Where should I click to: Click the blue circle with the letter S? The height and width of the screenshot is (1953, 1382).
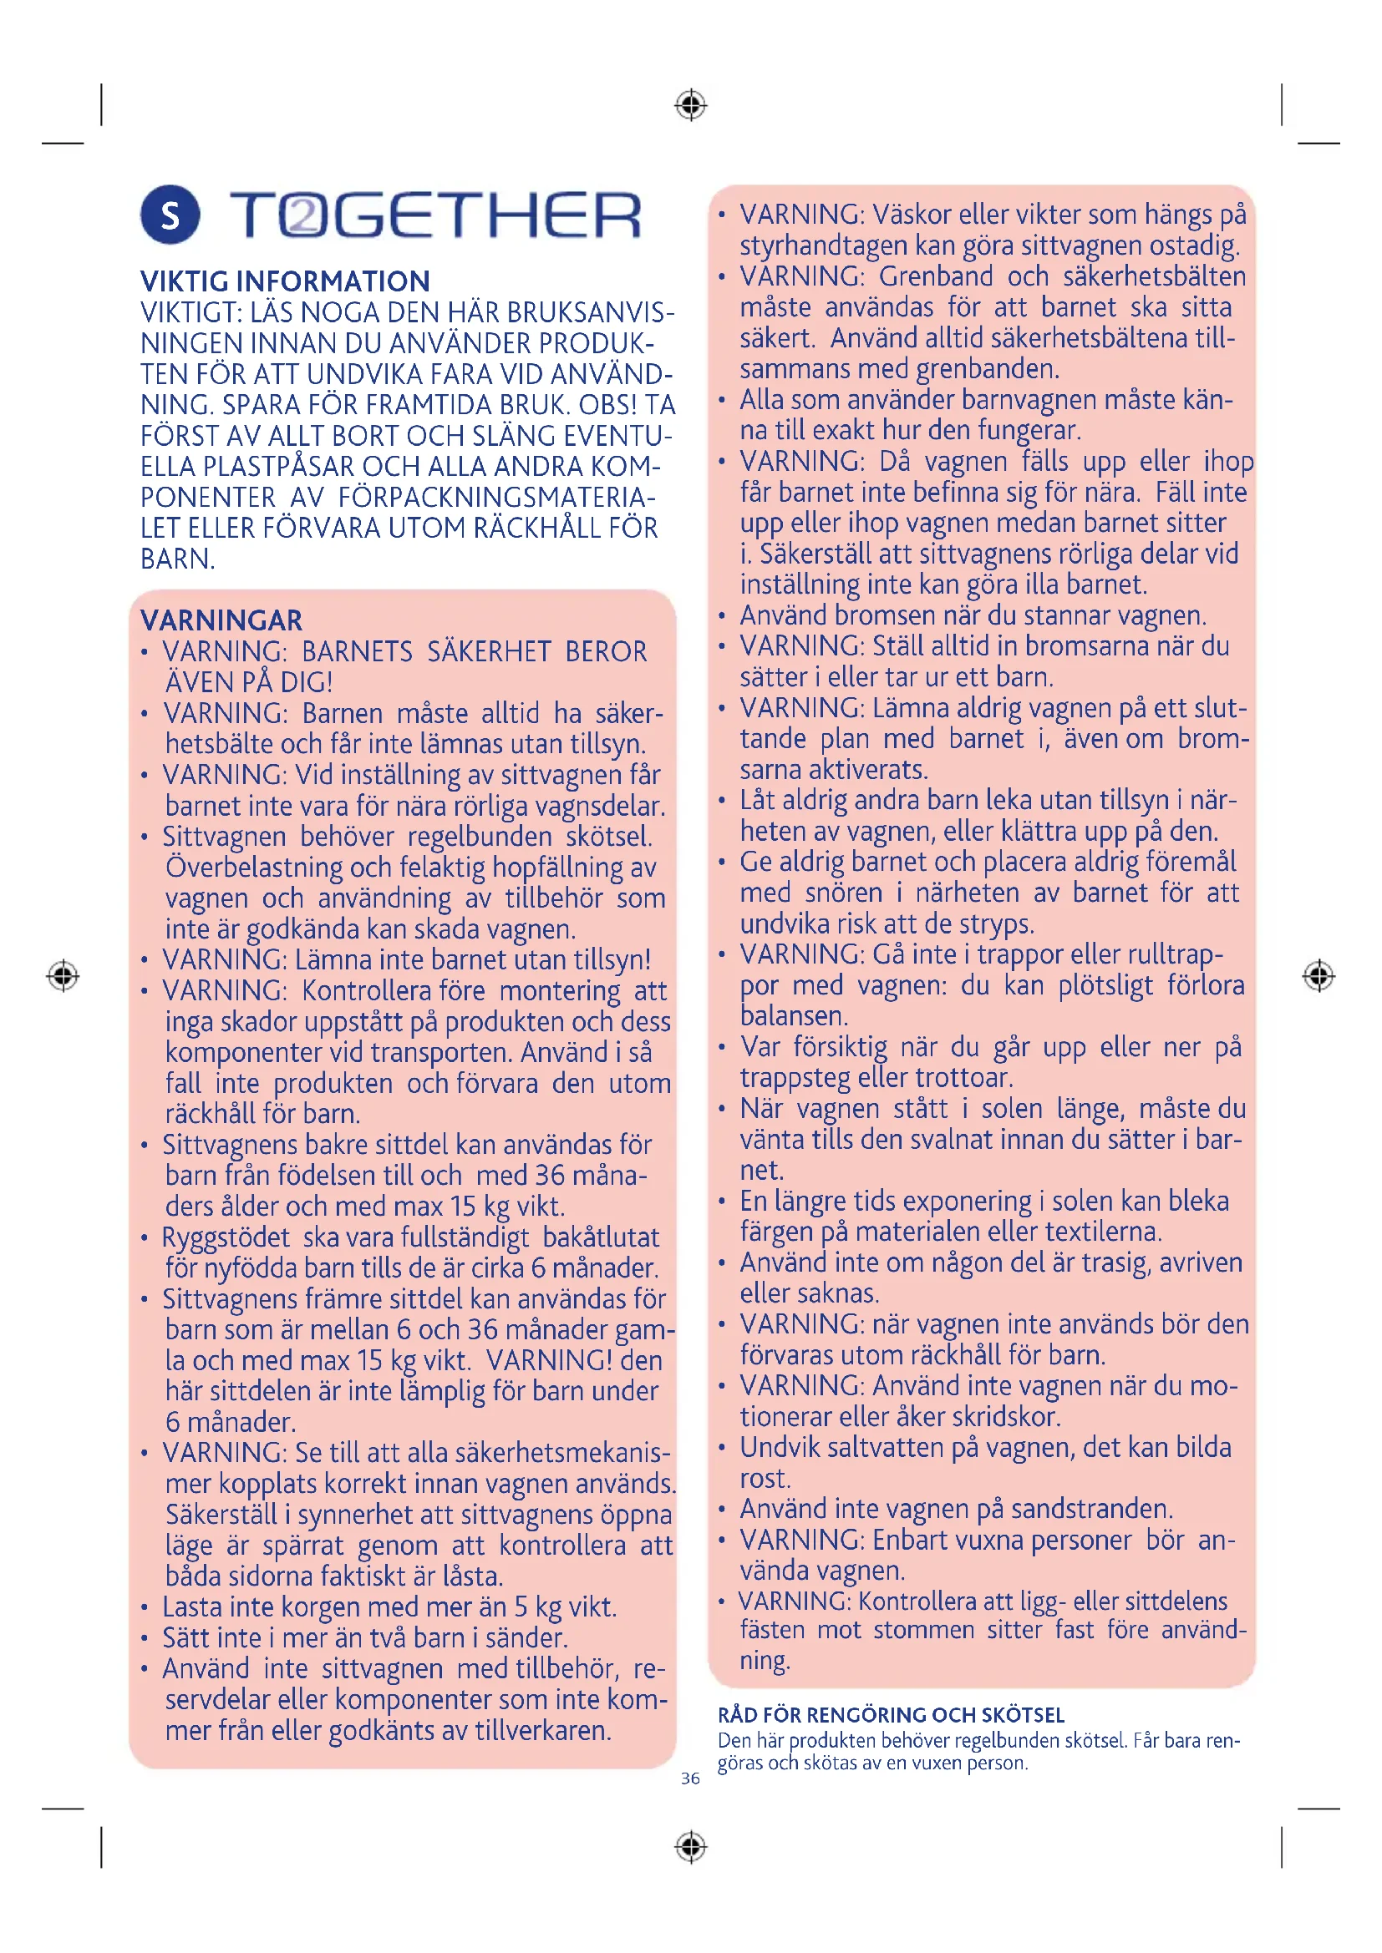click(170, 215)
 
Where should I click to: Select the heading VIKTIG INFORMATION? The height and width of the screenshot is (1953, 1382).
click(285, 281)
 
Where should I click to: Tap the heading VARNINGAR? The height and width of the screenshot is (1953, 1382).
click(221, 620)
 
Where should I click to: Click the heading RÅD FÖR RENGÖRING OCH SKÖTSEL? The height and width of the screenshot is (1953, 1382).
click(891, 1715)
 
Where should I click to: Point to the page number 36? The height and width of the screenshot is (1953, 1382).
click(690, 1778)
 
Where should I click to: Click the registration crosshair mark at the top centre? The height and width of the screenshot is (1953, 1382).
click(691, 105)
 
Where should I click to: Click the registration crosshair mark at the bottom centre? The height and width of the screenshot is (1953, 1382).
click(691, 1848)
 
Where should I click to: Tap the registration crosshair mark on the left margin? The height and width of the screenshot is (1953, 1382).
click(63, 975)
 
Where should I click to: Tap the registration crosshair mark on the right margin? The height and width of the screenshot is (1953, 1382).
click(1318, 975)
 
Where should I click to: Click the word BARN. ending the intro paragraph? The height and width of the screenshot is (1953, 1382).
click(178, 559)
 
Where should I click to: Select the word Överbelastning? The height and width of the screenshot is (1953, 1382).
click(252, 868)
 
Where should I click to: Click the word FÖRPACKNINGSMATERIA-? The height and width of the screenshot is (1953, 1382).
click(497, 498)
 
